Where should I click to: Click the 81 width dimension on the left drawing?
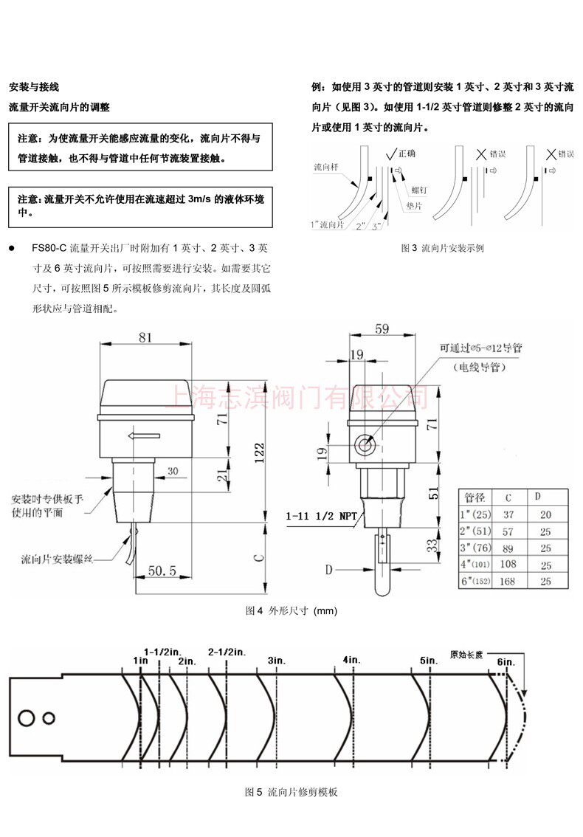click(145, 337)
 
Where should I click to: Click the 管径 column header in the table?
click(474, 496)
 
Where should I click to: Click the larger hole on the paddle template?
click(27, 717)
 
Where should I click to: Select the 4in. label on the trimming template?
click(351, 659)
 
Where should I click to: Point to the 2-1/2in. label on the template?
click(227, 652)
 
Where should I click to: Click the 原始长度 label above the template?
click(466, 654)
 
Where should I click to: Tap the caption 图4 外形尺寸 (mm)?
click(291, 611)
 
